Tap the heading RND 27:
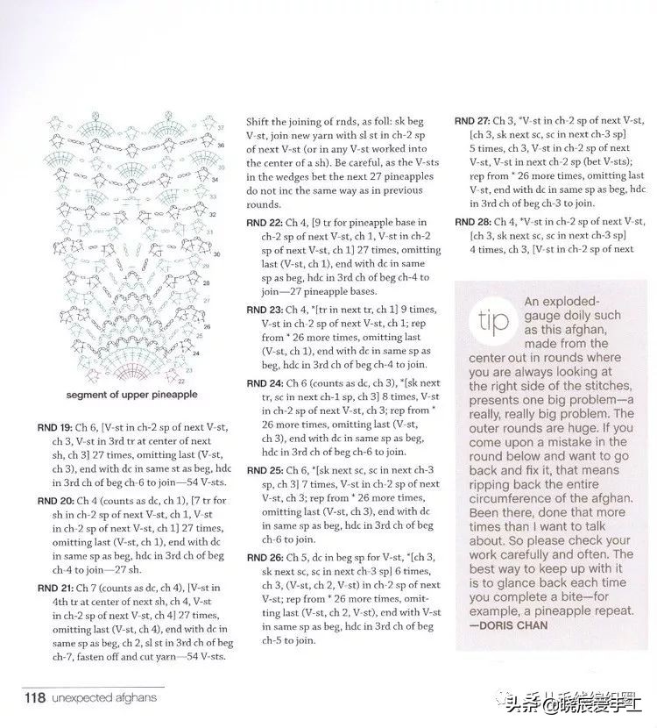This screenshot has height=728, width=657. pyautogui.click(x=472, y=120)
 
